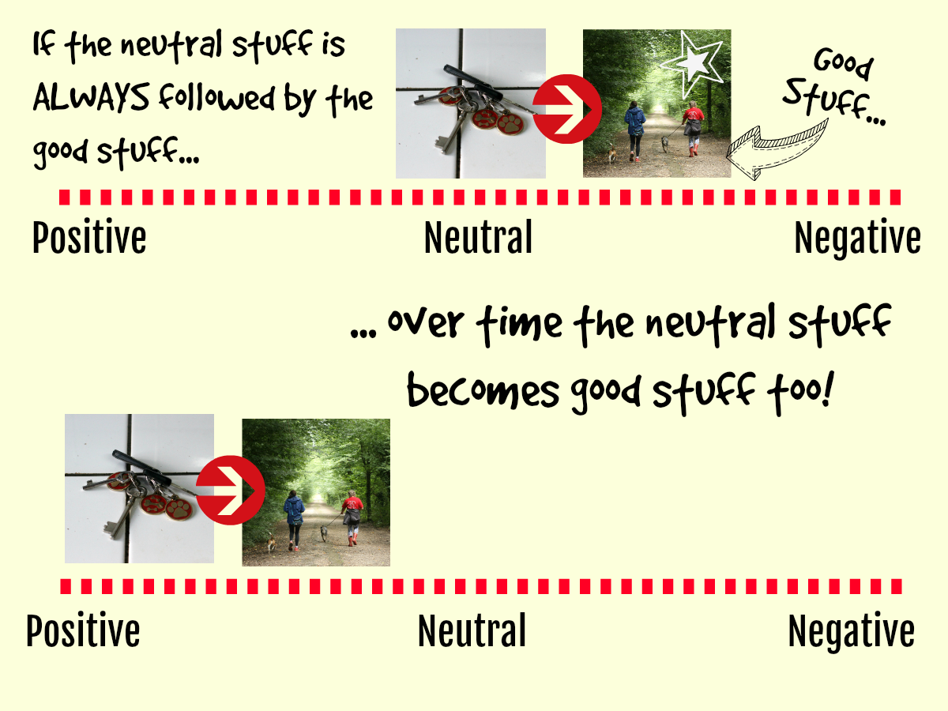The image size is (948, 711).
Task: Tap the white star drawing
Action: click(x=692, y=63)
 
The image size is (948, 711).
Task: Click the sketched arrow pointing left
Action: click(x=777, y=149)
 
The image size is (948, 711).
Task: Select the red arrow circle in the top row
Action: click(x=567, y=109)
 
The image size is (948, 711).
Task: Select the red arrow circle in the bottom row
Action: click(x=230, y=490)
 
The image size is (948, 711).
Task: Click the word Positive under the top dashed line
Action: click(x=89, y=237)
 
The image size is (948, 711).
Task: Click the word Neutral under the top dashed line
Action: click(x=478, y=237)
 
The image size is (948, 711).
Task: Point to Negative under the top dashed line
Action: click(x=858, y=239)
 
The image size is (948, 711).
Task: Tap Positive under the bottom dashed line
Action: click(x=83, y=630)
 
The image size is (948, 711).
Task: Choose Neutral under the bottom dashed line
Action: click(x=472, y=630)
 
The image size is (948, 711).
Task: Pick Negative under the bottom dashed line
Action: click(x=852, y=632)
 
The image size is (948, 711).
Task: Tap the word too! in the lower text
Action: click(x=799, y=392)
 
